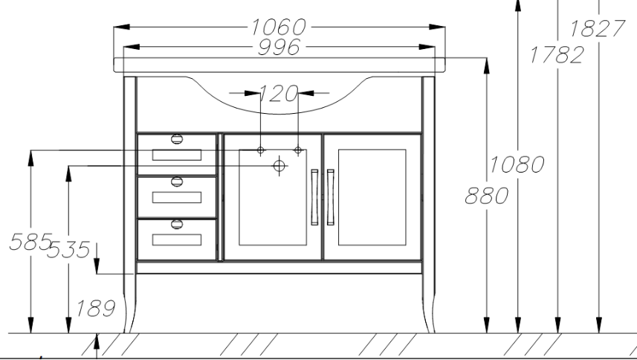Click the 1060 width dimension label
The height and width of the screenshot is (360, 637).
click(x=278, y=28)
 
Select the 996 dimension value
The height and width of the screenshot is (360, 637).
click(x=279, y=47)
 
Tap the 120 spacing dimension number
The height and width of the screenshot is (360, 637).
click(x=279, y=94)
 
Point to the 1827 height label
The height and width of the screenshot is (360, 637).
click(x=597, y=28)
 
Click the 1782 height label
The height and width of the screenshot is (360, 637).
click(x=557, y=55)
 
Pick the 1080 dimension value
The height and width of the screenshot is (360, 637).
click(x=517, y=164)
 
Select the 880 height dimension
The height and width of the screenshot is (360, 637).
click(x=487, y=196)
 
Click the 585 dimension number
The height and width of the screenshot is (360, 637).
click(x=31, y=242)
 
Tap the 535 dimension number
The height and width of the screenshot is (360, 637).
click(x=68, y=250)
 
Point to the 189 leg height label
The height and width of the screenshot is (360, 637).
click(x=96, y=309)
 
